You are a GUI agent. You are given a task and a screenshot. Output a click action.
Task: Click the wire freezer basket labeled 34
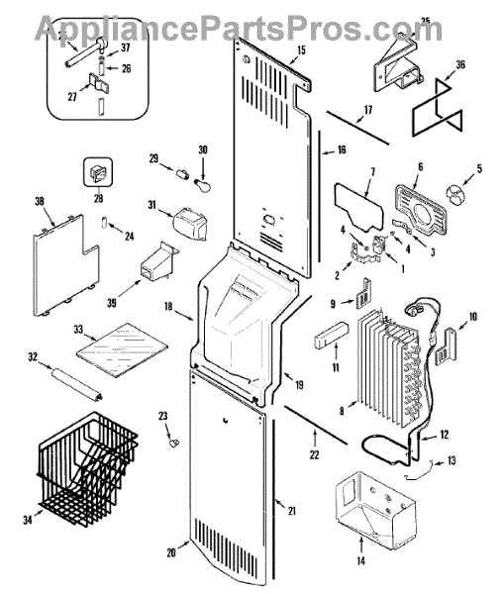pos(88,469)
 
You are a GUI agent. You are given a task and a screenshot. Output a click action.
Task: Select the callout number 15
pos(301,49)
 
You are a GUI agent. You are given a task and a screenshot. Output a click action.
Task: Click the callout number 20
pos(171,552)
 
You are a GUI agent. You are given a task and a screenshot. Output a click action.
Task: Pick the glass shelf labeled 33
pos(122,350)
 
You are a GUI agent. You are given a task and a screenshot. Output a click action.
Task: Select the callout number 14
pos(360,560)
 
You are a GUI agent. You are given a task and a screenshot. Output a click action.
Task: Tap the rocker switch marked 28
pos(98,172)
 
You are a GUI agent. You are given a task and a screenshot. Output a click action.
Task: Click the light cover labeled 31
pos(190,224)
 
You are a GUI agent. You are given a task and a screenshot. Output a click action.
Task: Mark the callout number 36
pos(460,64)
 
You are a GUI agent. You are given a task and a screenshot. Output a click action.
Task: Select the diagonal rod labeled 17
pos(357,128)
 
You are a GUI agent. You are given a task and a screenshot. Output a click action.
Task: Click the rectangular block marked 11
pos(330,335)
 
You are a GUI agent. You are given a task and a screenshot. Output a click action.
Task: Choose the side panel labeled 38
pos(66,265)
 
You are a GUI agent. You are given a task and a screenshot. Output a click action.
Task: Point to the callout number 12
pos(444,435)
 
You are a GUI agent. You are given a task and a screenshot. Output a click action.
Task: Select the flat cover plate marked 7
pos(358,207)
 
